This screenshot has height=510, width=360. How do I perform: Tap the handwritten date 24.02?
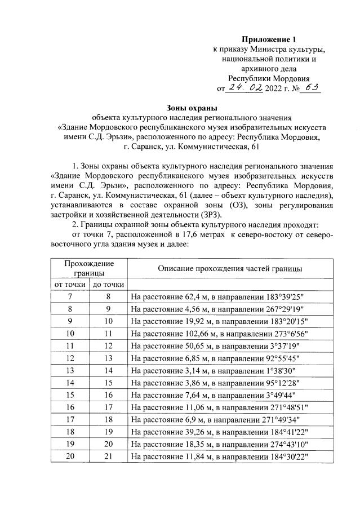click(243, 88)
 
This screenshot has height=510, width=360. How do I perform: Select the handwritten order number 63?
click(308, 87)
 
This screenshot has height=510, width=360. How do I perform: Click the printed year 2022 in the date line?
click(275, 89)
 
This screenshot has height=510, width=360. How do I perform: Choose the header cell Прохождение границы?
click(89, 268)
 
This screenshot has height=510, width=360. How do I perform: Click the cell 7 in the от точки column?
click(69, 296)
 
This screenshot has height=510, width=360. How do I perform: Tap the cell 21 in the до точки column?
click(108, 455)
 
